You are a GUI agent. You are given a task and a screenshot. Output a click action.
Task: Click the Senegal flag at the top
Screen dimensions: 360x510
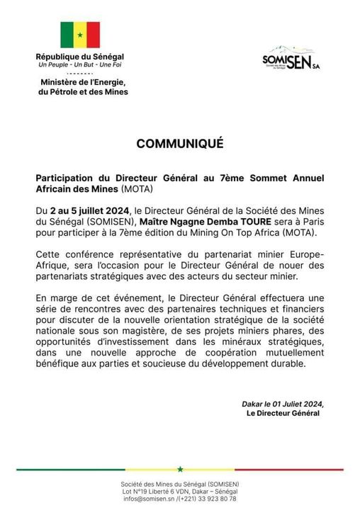coord(79,35)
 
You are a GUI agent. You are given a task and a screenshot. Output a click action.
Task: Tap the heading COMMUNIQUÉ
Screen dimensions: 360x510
coord(180,143)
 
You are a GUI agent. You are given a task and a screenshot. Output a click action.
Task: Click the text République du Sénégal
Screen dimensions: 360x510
coord(79,57)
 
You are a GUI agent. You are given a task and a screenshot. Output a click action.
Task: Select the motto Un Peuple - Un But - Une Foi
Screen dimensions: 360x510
coord(79,65)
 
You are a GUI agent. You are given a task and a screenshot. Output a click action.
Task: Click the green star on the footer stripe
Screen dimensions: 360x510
coord(180,469)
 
